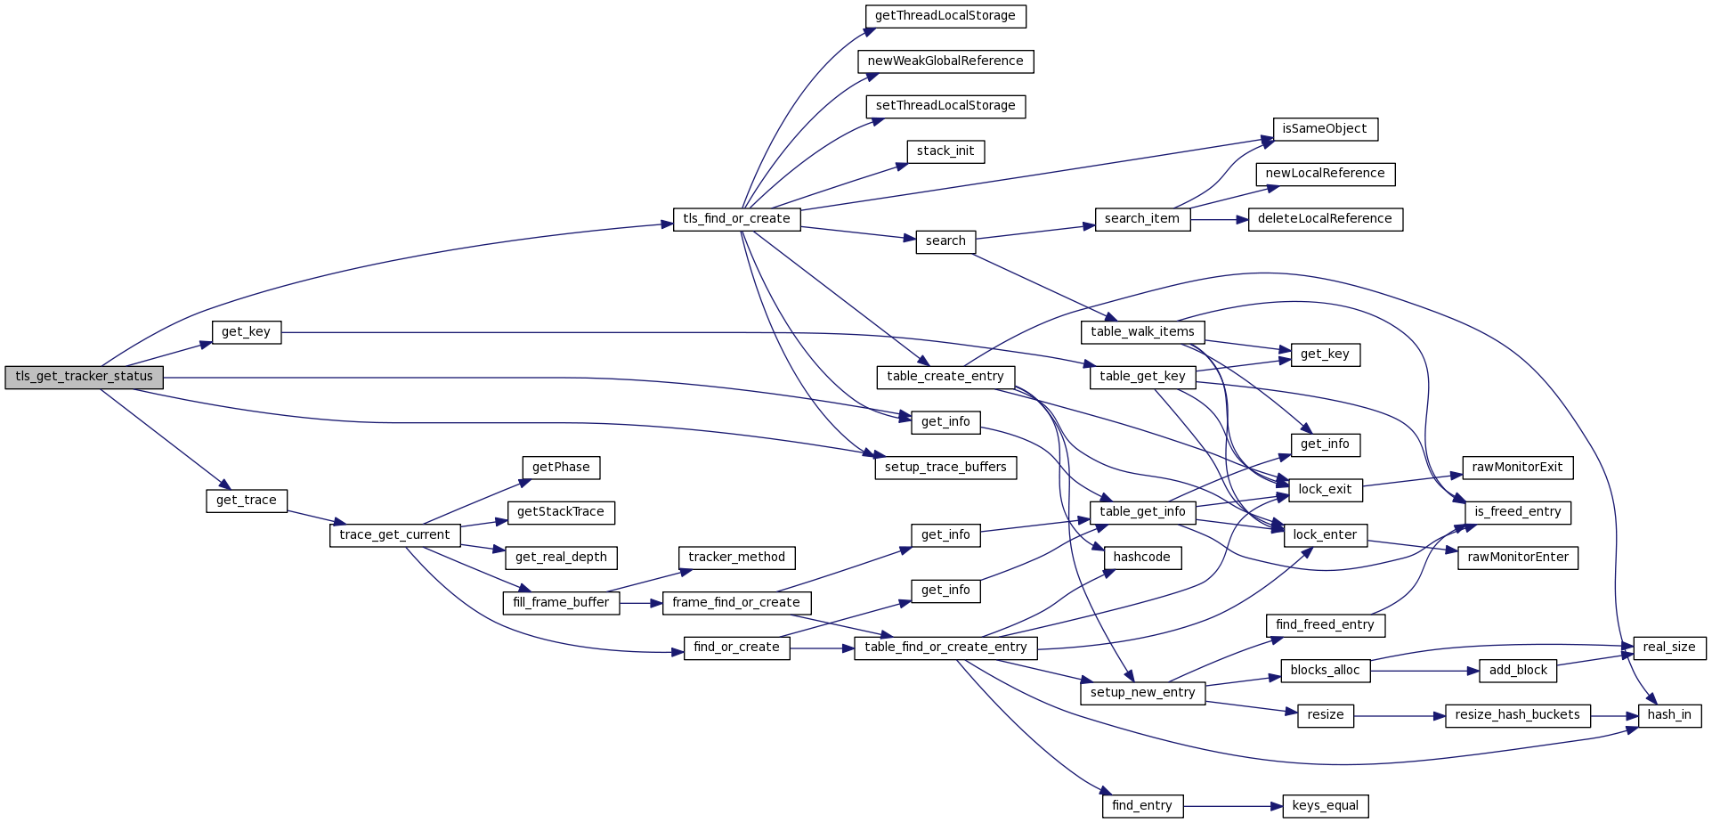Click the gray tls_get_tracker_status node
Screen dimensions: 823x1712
coord(84,377)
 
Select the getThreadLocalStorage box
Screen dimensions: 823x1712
coord(945,16)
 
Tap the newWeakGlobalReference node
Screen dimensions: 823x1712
coord(945,61)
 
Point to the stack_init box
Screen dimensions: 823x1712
coord(945,151)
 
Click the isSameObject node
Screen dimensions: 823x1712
coord(1325,129)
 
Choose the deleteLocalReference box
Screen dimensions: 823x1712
coord(1325,219)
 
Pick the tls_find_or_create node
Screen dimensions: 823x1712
coord(736,219)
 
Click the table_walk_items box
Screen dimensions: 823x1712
coord(1142,332)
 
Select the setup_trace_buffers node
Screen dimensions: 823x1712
coord(945,468)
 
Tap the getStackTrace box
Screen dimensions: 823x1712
coord(561,512)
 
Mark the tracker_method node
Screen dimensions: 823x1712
coord(736,558)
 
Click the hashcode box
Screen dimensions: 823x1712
coord(1142,558)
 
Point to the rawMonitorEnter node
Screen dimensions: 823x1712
coord(1518,558)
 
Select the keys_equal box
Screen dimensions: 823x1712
coord(1325,806)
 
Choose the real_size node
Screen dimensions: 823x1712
coord(1669,648)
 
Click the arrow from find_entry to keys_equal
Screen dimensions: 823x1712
coord(1233,806)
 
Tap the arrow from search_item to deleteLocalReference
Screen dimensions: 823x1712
coord(1219,219)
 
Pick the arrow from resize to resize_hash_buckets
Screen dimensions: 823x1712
coord(1399,715)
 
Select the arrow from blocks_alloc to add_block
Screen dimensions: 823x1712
coord(1424,671)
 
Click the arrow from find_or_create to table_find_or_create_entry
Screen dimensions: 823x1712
coord(822,648)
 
